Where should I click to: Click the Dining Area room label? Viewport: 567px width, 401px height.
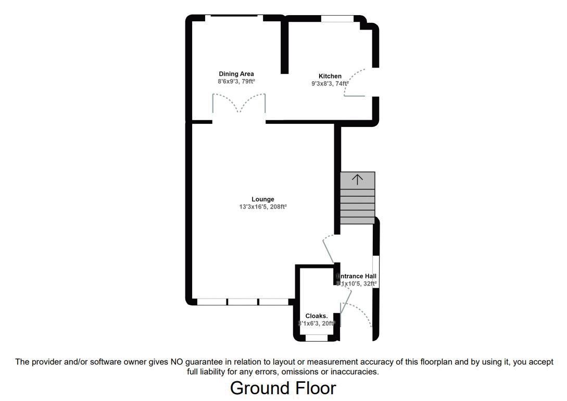click(236, 74)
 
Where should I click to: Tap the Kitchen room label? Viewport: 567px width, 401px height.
click(330, 76)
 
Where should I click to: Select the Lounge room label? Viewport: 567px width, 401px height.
click(262, 199)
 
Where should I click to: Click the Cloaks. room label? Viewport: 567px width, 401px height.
click(317, 316)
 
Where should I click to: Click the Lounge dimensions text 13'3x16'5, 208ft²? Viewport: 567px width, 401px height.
click(262, 207)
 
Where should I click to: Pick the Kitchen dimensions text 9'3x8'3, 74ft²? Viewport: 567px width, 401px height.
click(330, 83)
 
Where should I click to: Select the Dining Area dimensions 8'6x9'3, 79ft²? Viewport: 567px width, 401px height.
click(236, 82)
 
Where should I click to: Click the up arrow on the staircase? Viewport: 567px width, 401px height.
click(357, 180)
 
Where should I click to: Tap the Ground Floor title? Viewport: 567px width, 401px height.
click(283, 388)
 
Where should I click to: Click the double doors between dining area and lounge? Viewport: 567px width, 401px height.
click(239, 104)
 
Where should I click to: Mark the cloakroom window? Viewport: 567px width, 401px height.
click(317, 338)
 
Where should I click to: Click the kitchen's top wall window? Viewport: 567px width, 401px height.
click(337, 19)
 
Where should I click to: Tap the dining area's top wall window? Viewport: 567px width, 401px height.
click(234, 18)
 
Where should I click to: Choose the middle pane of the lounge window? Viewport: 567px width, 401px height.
click(243, 302)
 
